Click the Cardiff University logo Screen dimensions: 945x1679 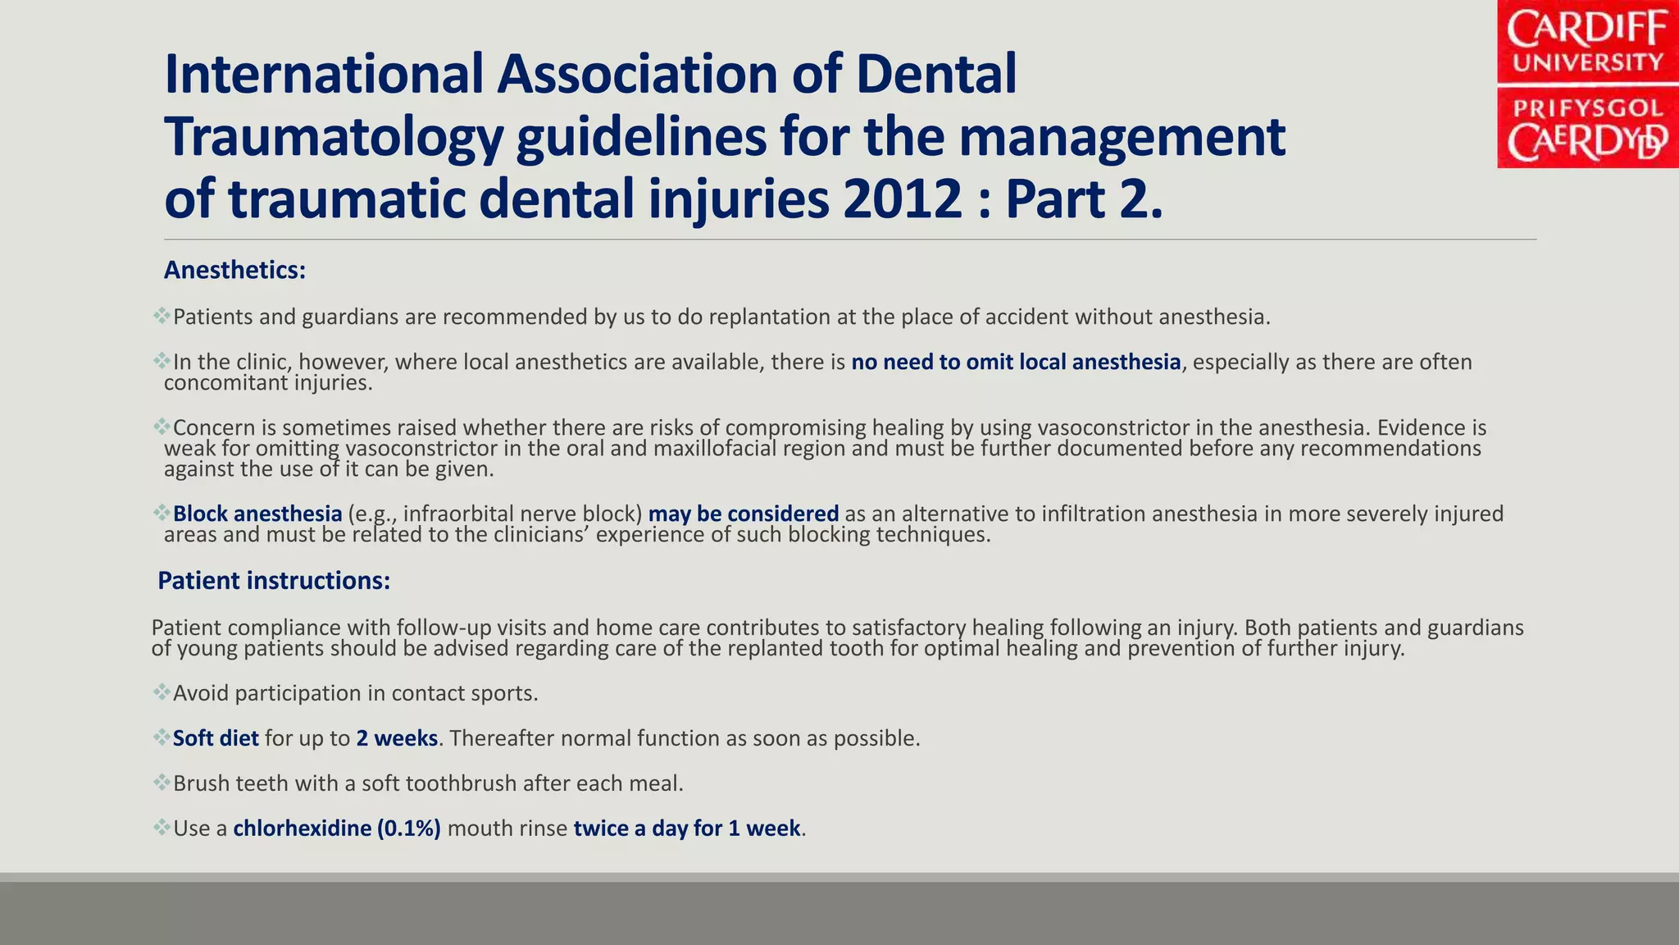pyautogui.click(x=1587, y=84)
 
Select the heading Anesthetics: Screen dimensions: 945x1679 pyautogui.click(x=234, y=270)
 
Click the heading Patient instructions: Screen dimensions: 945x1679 pyautogui.click(x=274, y=581)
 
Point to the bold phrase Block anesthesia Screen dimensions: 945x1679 pyautogui.click(x=257, y=514)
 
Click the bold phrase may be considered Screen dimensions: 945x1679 pyautogui.click(x=744, y=514)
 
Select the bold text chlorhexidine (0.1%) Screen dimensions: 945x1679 pyautogui.click(x=337, y=829)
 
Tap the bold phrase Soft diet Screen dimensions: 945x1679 pyautogui.click(x=216, y=738)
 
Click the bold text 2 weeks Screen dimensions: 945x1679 pyautogui.click(x=397, y=738)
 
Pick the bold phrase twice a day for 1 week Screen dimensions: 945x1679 pyautogui.click(x=687, y=829)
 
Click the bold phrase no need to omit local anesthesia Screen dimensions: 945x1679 pyautogui.click(x=1016, y=362)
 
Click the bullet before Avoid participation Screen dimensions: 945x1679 pyautogui.click(x=161, y=692)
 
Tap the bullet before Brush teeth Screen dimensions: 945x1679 pyautogui.click(x=161, y=782)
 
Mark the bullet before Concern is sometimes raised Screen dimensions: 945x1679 pyautogui.click(x=161, y=426)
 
